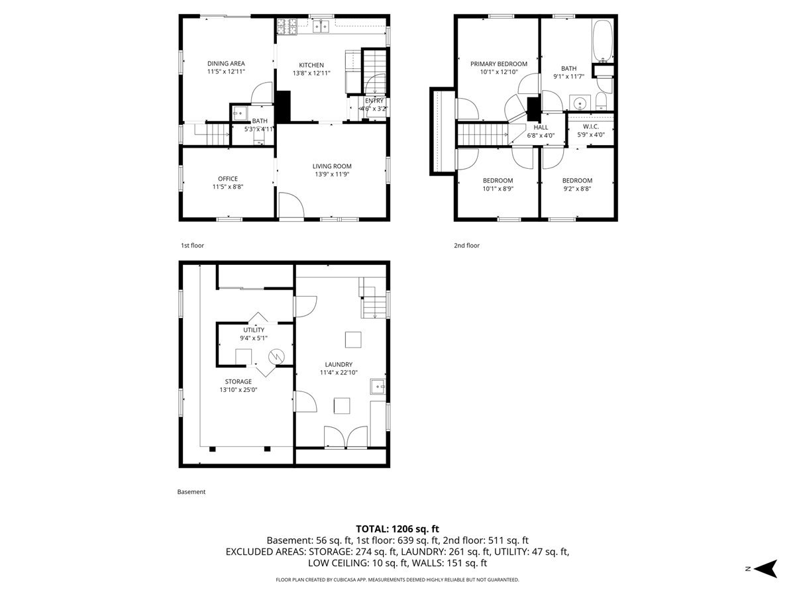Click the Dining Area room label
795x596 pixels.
pos(225,64)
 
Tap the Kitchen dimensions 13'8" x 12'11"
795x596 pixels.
pos(311,74)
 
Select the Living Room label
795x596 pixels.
pos(332,166)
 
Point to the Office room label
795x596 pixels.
pos(227,179)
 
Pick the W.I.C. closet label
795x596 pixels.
pos(591,126)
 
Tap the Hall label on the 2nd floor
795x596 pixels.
pos(541,127)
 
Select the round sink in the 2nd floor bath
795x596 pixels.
pos(581,103)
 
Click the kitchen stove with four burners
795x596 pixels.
pos(287,26)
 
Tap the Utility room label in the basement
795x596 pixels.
pos(254,330)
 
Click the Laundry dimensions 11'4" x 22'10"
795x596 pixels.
pos(338,373)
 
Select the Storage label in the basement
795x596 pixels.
pos(238,381)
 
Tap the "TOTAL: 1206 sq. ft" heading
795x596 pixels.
pos(397,528)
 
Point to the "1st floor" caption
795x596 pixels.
pos(193,246)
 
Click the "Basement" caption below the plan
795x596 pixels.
pos(191,492)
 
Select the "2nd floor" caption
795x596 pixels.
pos(466,246)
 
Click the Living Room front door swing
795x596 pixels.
pos(290,205)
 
